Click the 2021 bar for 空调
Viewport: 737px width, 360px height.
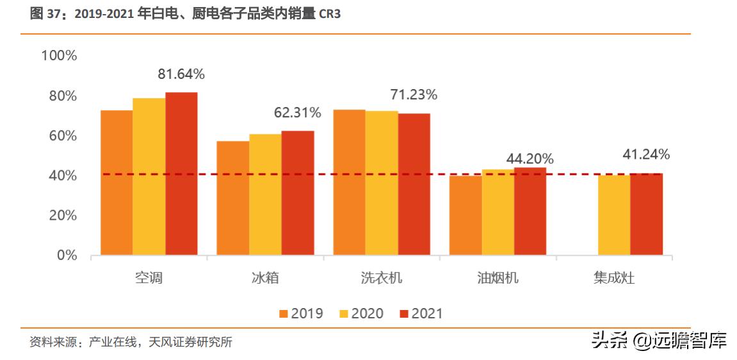[x=181, y=174]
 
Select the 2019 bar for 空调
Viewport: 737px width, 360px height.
[x=117, y=183]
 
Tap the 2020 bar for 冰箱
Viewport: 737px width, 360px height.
[x=265, y=195]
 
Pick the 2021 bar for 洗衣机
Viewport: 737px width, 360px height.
[x=414, y=184]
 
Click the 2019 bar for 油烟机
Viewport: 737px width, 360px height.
[x=466, y=215]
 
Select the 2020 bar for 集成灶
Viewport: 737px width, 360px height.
[x=614, y=215]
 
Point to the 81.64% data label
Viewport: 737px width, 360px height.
[x=181, y=74]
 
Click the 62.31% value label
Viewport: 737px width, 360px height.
[x=297, y=113]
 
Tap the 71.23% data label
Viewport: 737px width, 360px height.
[x=414, y=95]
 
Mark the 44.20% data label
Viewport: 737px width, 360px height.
[x=530, y=159]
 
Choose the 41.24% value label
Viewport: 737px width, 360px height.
[x=646, y=154]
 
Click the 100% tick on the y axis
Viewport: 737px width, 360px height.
[x=59, y=56]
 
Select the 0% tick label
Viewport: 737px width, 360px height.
[x=67, y=256]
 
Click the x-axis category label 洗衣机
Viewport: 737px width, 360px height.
[x=382, y=278]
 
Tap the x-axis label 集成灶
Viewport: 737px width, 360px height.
[x=614, y=278]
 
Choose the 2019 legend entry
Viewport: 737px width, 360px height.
[x=301, y=314]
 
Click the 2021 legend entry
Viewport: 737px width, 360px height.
[x=421, y=314]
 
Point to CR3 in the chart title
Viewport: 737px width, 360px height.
[x=328, y=14]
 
